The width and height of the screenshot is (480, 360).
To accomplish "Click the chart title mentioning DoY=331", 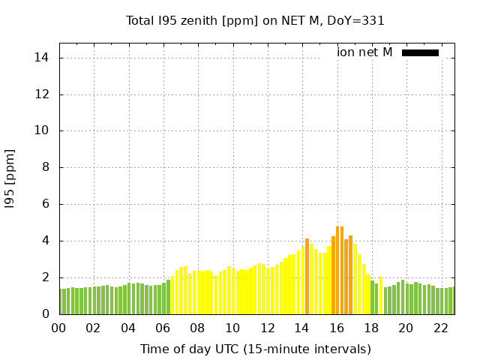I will [255, 21].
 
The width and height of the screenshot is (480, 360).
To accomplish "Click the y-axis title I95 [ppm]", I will [10, 178].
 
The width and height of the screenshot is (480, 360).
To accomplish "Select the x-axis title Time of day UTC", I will [255, 349].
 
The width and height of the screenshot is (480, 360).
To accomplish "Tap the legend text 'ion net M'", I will [364, 52].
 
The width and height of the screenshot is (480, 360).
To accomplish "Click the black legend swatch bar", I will [420, 52].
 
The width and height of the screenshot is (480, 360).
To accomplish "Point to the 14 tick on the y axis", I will [43, 58].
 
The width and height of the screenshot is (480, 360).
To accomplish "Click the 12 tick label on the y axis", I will [43, 94].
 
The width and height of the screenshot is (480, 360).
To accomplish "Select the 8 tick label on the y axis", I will [46, 168].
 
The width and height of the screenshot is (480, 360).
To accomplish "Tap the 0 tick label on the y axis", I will [46, 314].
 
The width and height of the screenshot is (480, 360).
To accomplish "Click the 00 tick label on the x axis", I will [58, 328].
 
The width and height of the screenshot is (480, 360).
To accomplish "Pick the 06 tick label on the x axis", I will [163, 328].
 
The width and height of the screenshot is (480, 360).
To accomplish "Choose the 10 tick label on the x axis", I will [232, 328].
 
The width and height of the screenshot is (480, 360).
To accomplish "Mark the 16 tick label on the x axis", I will [337, 328].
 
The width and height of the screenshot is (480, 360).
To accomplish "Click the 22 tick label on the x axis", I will [441, 328].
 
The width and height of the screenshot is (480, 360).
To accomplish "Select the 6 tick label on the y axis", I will [46, 204].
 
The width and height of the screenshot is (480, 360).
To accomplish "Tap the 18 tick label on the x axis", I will [371, 328].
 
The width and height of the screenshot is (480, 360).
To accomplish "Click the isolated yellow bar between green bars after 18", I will [380, 296].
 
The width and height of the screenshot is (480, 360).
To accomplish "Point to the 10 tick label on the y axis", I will [43, 130].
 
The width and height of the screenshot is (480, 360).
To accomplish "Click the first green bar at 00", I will [61, 301].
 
